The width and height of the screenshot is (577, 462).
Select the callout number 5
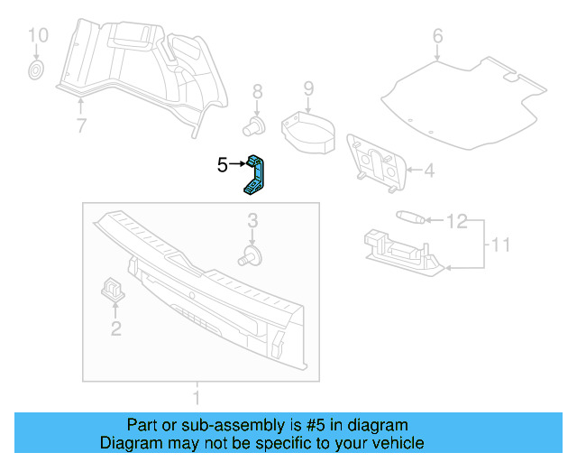coord(223,164)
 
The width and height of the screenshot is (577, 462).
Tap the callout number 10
coord(37,36)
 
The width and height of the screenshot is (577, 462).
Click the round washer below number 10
coord(37,69)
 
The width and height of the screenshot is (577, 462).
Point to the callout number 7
coord(81,125)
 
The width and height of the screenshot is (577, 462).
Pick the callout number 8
coord(257,91)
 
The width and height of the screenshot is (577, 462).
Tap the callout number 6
coord(438,37)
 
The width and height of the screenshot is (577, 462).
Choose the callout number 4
coord(429,170)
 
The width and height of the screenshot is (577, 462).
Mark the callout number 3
coord(253,220)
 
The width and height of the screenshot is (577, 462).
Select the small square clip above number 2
coord(114,288)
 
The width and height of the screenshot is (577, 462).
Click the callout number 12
coord(457,220)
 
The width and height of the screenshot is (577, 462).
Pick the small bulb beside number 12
coord(408,217)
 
